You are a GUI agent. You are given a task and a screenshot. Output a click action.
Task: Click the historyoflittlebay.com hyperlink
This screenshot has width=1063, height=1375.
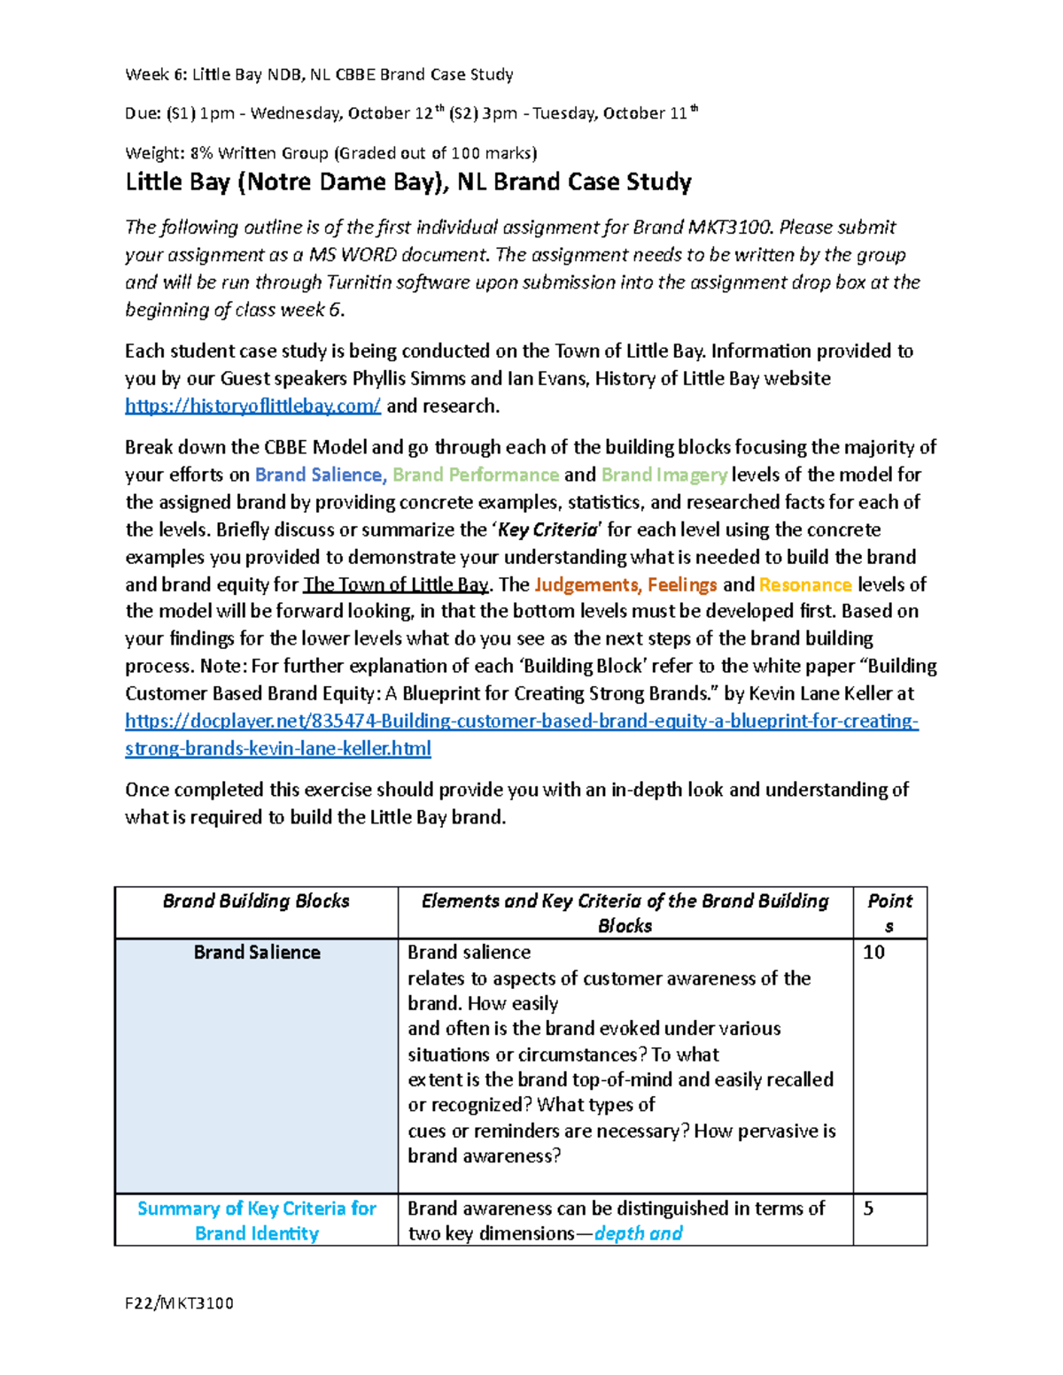[252, 406]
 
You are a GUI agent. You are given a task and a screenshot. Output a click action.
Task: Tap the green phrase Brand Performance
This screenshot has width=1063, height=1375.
[476, 475]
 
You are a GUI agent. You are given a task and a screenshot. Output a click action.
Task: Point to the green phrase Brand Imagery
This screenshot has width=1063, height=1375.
[663, 475]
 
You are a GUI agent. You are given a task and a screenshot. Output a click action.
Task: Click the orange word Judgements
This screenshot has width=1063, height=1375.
[586, 585]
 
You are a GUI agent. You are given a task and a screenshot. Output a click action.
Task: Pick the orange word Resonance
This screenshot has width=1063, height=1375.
[805, 585]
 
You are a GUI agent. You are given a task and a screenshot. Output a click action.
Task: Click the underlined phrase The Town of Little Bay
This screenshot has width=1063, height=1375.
[396, 585]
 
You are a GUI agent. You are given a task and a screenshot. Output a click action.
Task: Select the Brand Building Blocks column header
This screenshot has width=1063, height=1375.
[256, 901]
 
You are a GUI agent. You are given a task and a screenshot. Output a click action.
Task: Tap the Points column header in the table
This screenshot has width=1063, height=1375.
[889, 912]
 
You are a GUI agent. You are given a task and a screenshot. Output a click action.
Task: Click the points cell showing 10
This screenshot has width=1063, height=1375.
[873, 953]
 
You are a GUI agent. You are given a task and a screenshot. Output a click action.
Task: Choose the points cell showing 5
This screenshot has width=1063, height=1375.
[868, 1209]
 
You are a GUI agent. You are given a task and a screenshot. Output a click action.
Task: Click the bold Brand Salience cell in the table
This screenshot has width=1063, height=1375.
[257, 953]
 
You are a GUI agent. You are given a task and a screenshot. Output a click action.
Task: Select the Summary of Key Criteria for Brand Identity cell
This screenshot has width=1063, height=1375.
[257, 1221]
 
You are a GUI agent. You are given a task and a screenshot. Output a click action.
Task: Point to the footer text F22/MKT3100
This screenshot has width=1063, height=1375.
[180, 1303]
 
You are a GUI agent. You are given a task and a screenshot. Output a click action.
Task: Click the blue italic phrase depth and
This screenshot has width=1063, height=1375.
[638, 1234]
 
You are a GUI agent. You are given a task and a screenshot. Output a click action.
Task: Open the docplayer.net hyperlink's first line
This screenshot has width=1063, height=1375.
[522, 722]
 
